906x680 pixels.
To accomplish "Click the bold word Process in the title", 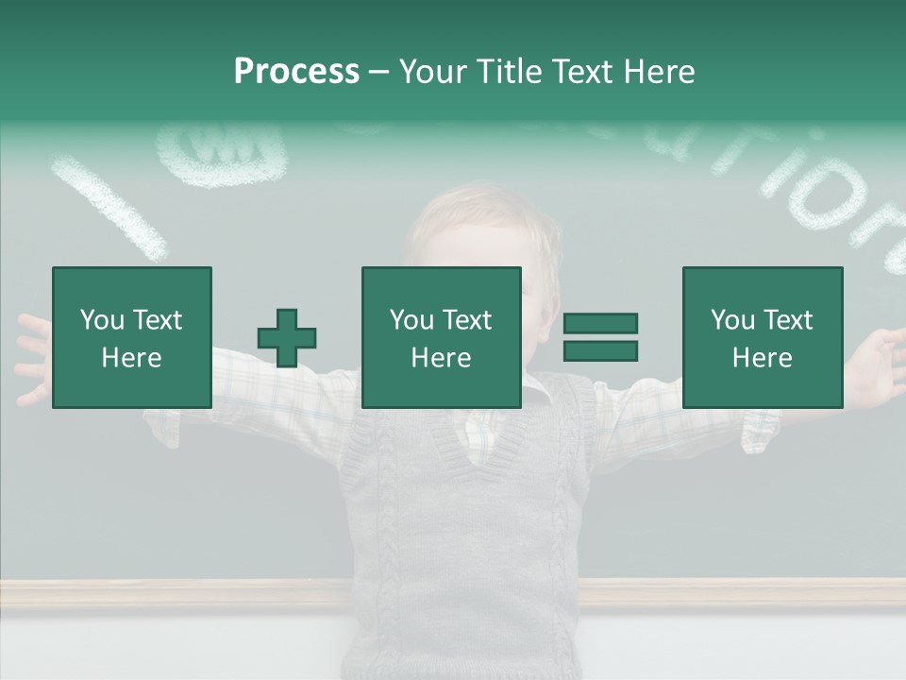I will [296, 72].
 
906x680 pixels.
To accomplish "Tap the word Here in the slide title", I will [659, 72].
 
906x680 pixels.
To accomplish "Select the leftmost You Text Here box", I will [132, 338].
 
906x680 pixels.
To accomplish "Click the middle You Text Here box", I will [441, 338].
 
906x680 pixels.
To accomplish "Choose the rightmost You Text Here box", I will [762, 338].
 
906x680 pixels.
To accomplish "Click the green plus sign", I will [287, 338].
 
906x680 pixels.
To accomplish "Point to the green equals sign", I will [600, 337].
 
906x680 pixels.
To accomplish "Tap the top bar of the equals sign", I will [600, 324].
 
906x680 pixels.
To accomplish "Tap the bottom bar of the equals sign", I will [600, 350].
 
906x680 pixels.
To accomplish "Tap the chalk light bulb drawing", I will [222, 151].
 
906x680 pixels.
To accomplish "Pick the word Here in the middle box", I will [441, 358].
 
